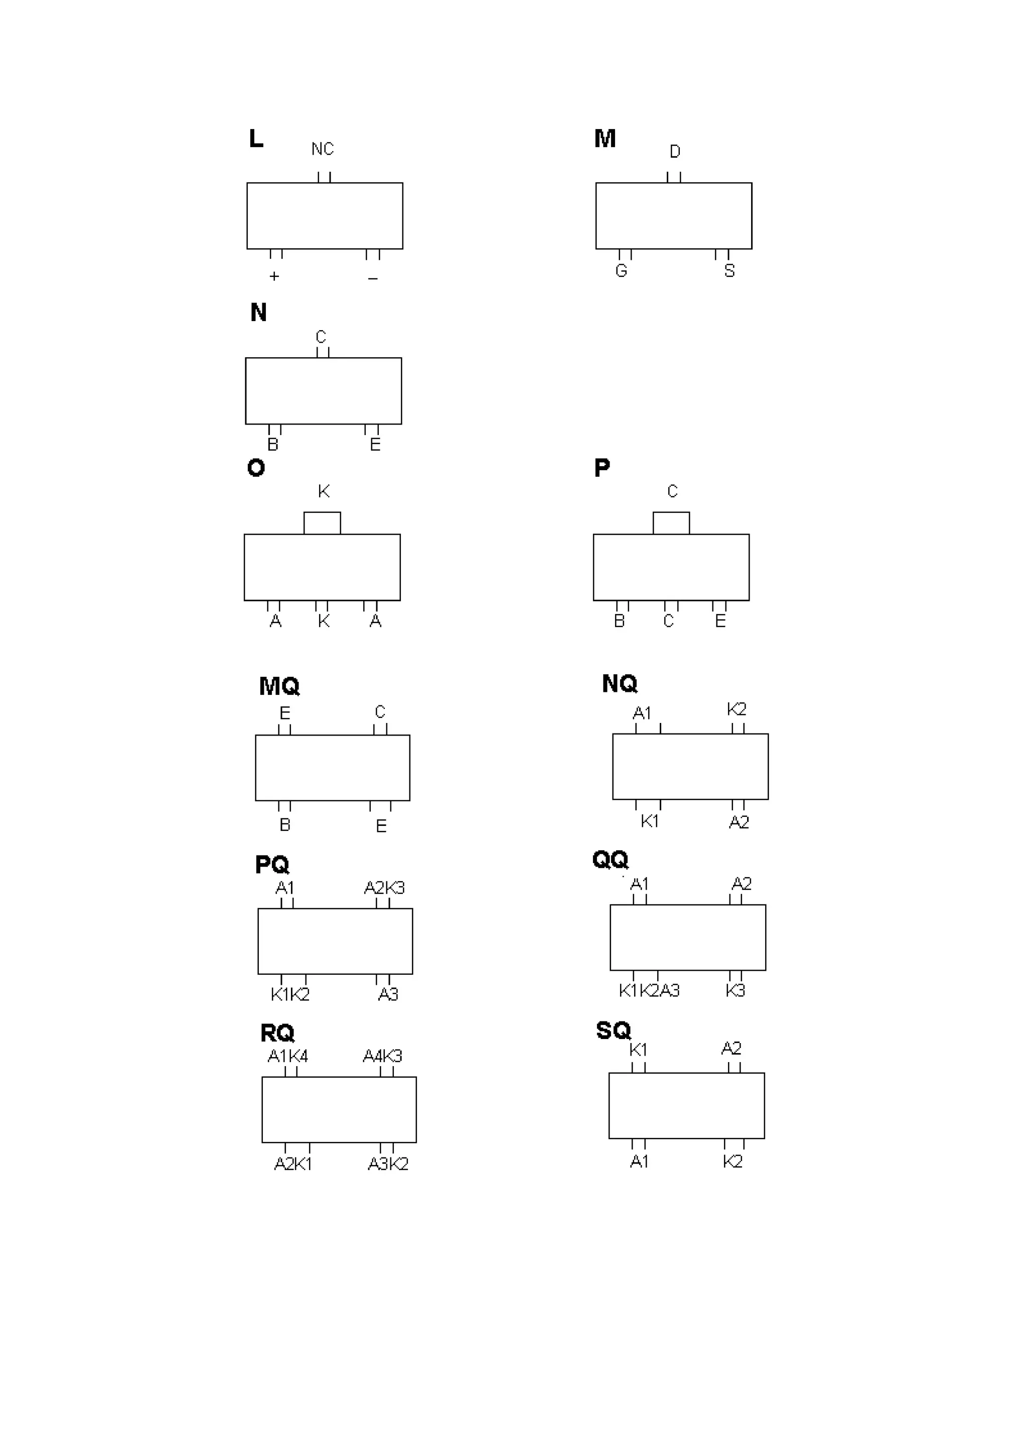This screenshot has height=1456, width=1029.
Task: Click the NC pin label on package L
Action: point(322,149)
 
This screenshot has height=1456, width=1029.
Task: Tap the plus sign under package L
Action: point(274,276)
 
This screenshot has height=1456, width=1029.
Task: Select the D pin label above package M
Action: point(675,152)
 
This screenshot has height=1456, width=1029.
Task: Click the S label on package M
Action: point(729,271)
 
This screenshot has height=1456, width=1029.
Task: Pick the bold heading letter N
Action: point(258,312)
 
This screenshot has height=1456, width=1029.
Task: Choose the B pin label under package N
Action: point(273,445)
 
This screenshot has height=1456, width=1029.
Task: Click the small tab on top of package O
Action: point(322,523)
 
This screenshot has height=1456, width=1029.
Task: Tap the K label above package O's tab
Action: point(324,491)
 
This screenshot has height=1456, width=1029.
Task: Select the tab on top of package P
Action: point(671,523)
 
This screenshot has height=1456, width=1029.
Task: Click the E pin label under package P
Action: point(720,621)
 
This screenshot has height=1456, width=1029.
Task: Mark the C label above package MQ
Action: point(380,711)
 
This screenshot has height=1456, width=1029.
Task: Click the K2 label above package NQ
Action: point(736,709)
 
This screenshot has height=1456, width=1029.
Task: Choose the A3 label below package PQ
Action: point(388,994)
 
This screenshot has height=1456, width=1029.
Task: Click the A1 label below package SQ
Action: point(639,1161)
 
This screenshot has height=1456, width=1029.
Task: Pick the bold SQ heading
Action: point(613,1030)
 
